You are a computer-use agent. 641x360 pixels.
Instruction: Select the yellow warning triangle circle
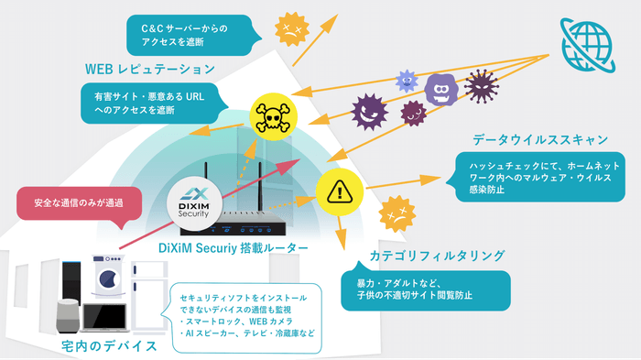click(x=338, y=191)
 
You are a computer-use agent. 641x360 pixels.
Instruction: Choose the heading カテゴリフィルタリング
click(x=423, y=255)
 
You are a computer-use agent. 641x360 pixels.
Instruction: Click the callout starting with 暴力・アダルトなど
click(x=418, y=289)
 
